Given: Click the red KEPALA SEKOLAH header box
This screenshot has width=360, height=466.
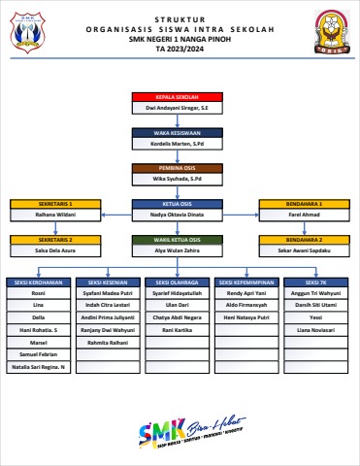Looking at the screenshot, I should click(x=179, y=98).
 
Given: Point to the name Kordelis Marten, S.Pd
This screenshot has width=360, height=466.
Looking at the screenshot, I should click(x=179, y=145).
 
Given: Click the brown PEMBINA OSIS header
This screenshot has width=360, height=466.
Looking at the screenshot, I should click(x=179, y=168).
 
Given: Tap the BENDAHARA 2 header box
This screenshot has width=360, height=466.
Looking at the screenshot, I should click(x=305, y=239).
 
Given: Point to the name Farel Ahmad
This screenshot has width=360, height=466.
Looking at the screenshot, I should click(x=305, y=215).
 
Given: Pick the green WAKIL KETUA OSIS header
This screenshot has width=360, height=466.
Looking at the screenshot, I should click(x=179, y=239).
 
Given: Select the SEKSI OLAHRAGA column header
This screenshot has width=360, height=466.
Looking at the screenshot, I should click(x=179, y=283).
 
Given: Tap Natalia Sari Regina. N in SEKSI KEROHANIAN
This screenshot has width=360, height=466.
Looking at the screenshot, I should click(x=39, y=367).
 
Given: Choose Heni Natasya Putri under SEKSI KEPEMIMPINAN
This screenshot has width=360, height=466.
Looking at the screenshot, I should click(x=248, y=317).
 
